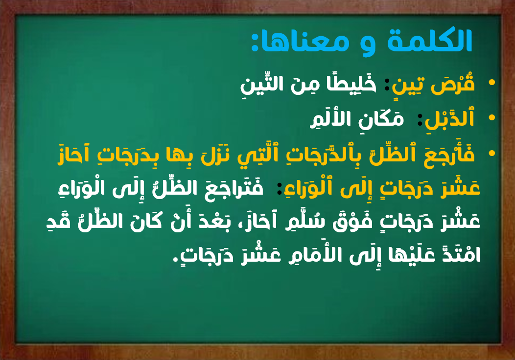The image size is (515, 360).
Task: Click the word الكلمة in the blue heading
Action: pyautogui.click(x=429, y=42)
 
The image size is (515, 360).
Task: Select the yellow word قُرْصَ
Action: pyautogui.click(x=453, y=84)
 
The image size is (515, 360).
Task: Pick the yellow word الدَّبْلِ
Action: pyautogui.click(x=449, y=119)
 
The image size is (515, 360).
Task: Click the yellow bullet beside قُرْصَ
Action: pyautogui.click(x=492, y=82)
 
